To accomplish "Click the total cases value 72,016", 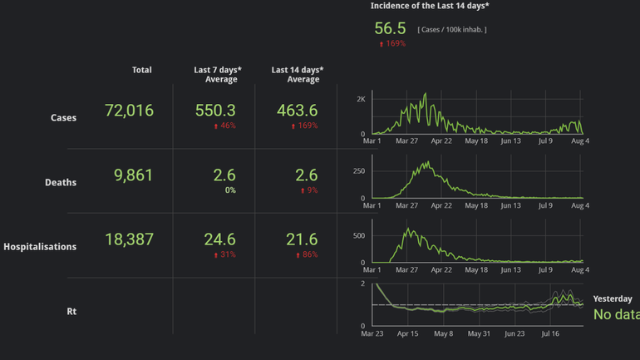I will pyautogui.click(x=129, y=111).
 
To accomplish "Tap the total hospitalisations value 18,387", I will pyautogui.click(x=129, y=239).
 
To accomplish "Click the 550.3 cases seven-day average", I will pyautogui.click(x=215, y=111).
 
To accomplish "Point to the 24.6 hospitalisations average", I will pyautogui.click(x=220, y=239).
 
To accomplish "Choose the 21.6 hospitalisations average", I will pyautogui.click(x=302, y=239).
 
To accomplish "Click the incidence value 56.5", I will pyautogui.click(x=390, y=28).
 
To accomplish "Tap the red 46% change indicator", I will pyautogui.click(x=224, y=126).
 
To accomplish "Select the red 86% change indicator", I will pyautogui.click(x=307, y=254).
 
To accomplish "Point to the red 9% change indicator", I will pyautogui.click(x=308, y=190).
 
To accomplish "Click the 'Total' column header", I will pyautogui.click(x=141, y=70).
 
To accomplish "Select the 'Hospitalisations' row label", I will pyautogui.click(x=40, y=247).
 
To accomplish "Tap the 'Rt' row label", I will pyautogui.click(x=71, y=311).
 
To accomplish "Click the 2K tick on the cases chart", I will pyautogui.click(x=360, y=99).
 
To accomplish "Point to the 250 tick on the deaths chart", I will pyautogui.click(x=359, y=171).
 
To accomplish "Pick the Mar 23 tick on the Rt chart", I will pyautogui.click(x=372, y=333).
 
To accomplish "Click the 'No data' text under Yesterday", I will pyautogui.click(x=616, y=314).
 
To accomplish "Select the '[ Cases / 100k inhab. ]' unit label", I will pyautogui.click(x=452, y=30).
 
